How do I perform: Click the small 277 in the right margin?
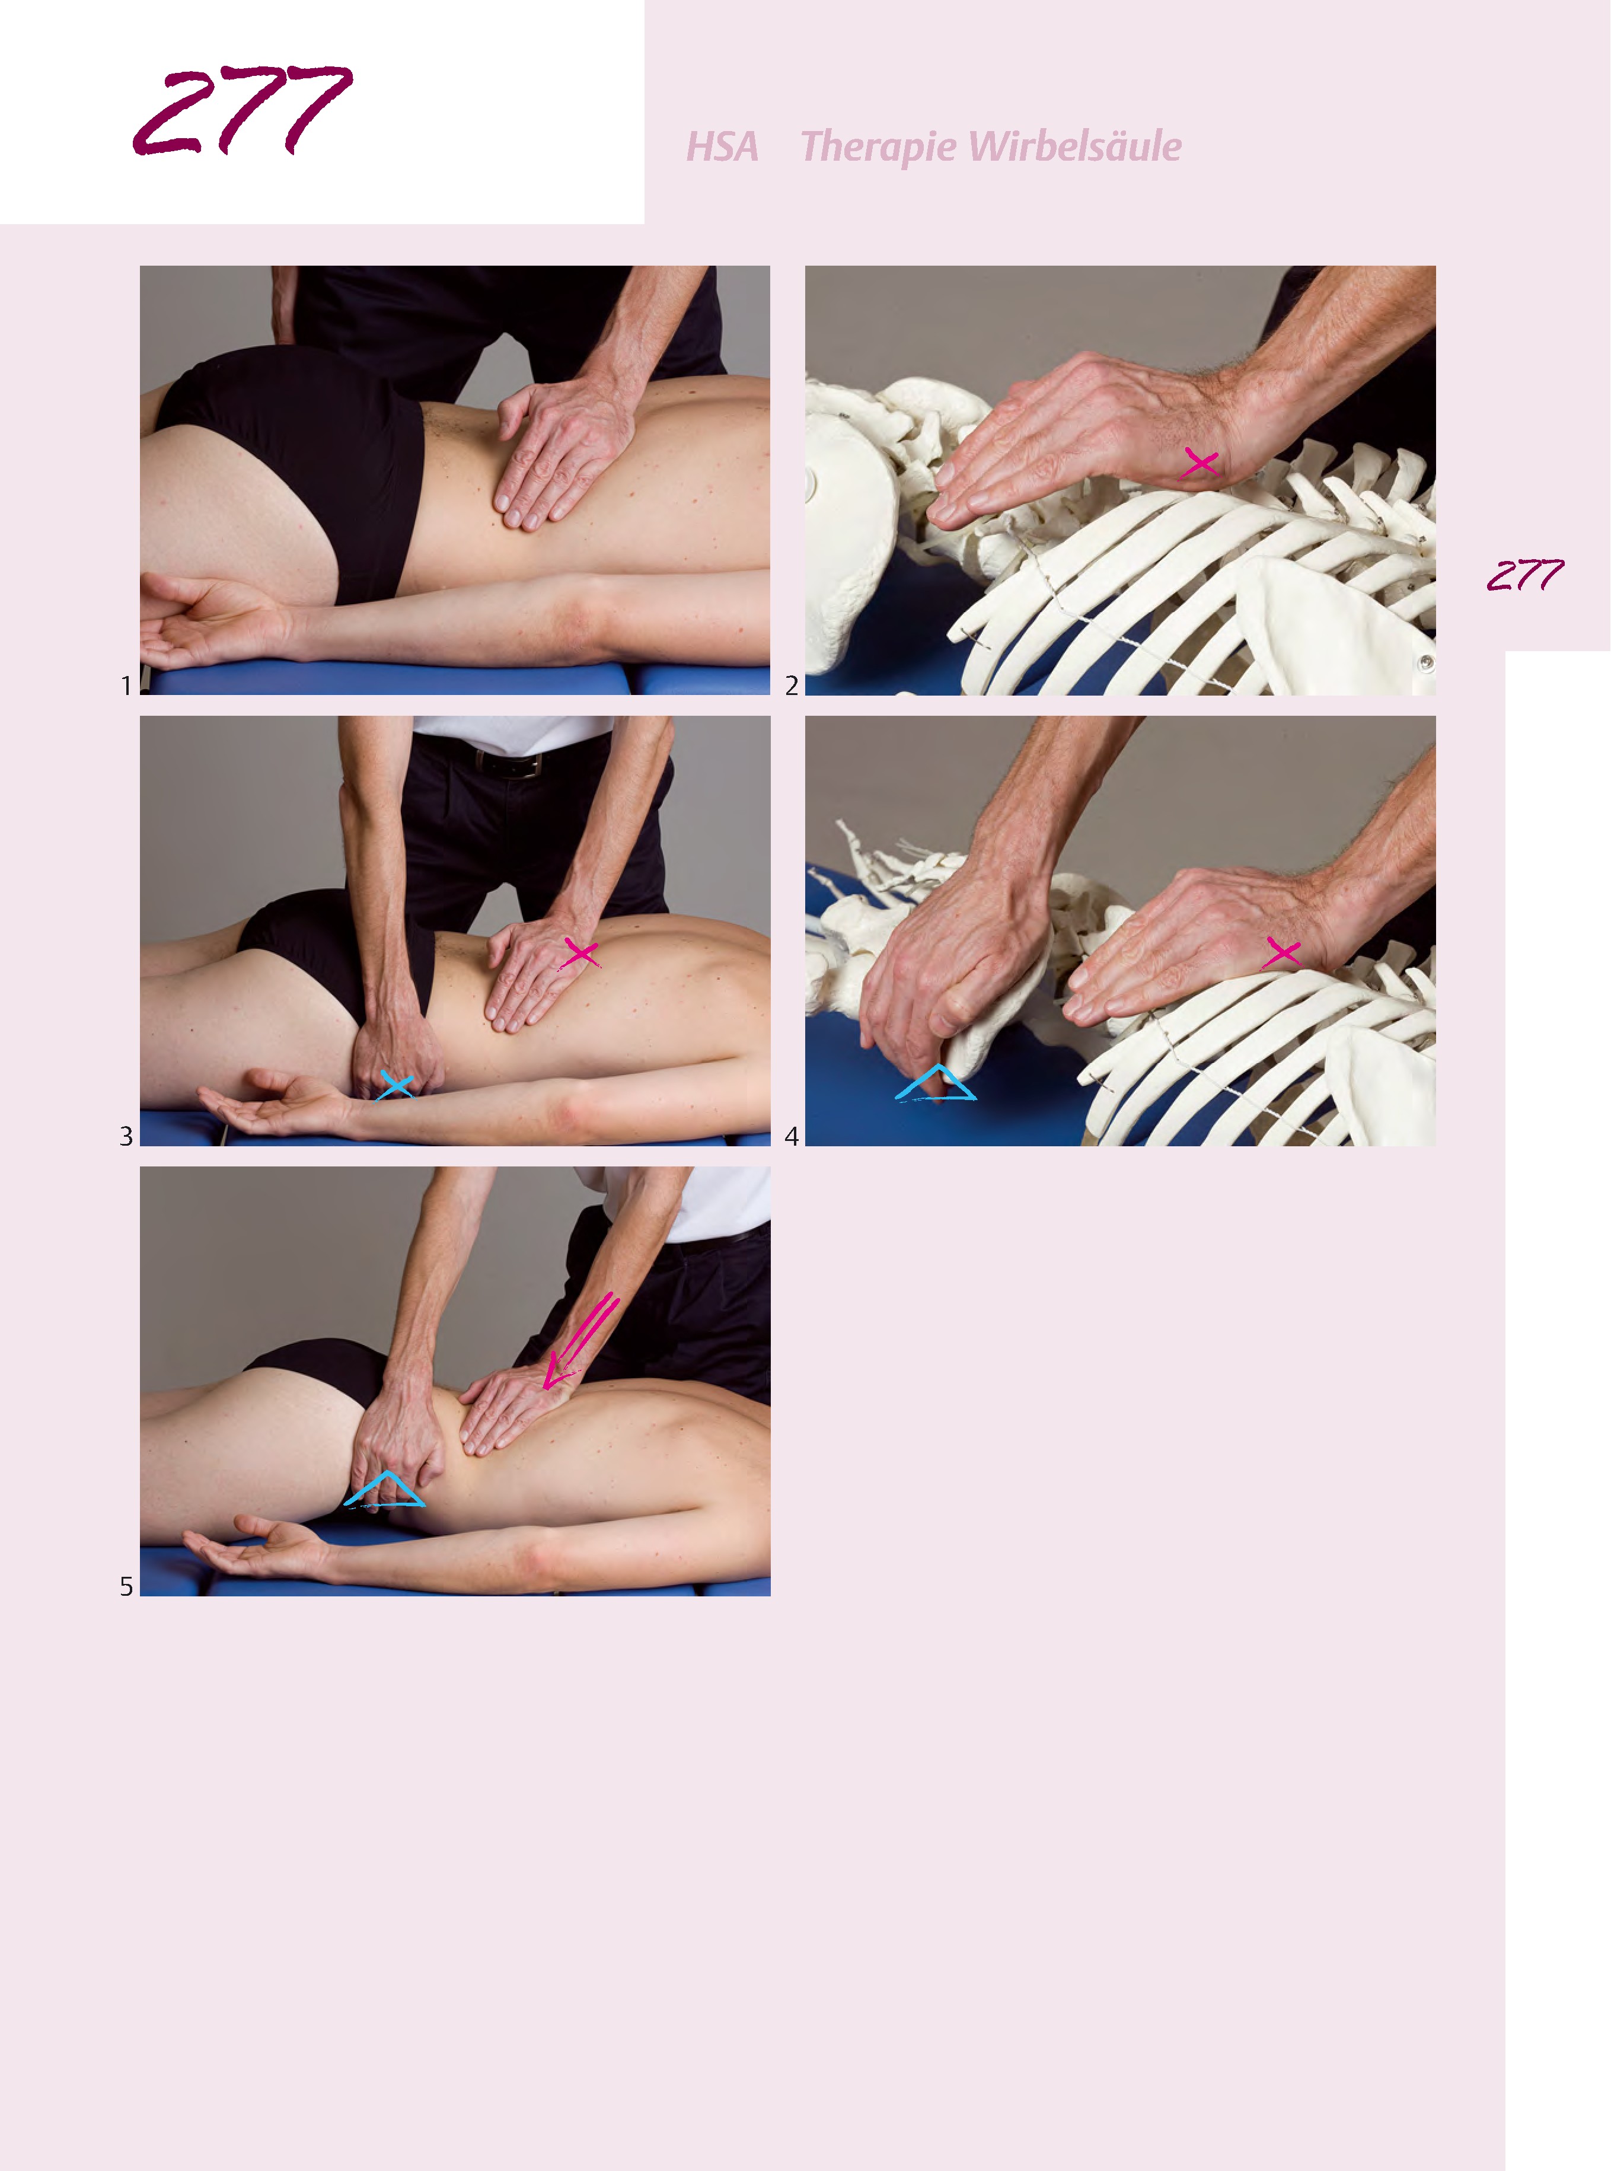1525,575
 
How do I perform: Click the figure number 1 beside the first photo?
126,686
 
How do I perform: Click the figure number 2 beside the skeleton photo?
792,686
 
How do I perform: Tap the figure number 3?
126,1136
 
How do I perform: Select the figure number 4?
792,1136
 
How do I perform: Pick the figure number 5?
126,1587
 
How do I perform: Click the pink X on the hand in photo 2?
1200,463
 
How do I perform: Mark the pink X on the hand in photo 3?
580,953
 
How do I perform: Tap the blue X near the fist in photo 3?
396,1085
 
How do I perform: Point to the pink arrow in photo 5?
581,1339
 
